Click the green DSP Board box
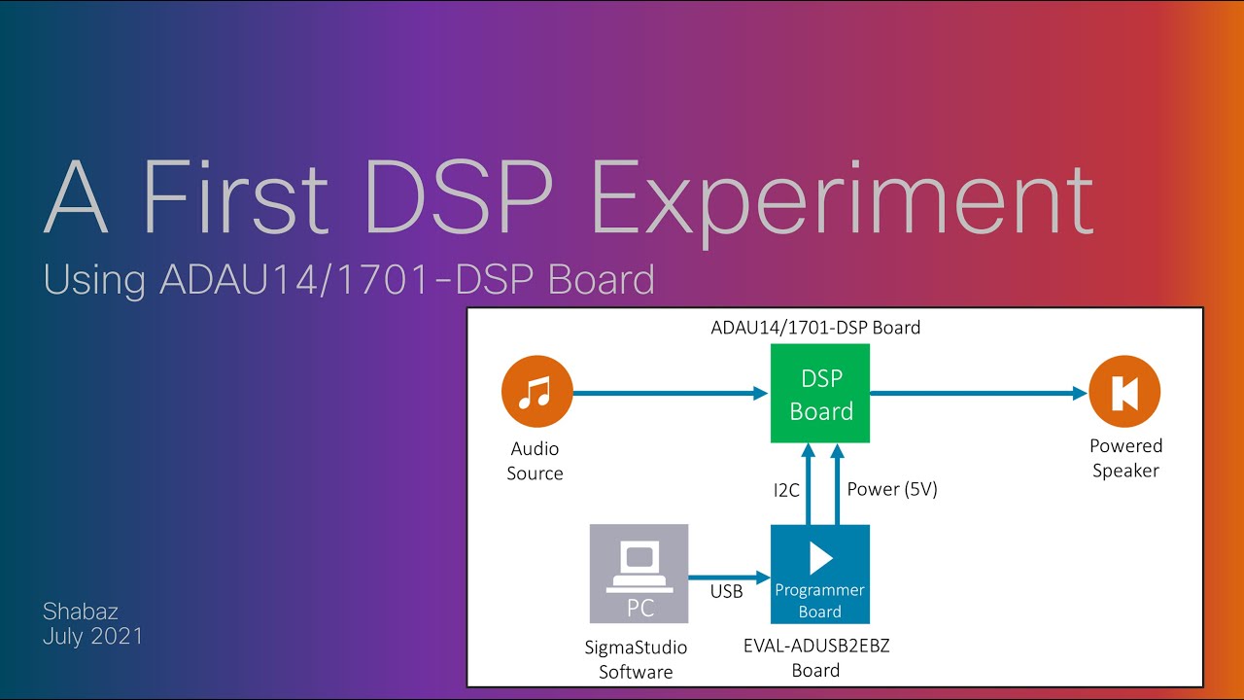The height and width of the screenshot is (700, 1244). (x=820, y=394)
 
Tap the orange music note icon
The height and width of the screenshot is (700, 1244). (x=535, y=393)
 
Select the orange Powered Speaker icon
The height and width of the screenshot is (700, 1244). (x=1125, y=393)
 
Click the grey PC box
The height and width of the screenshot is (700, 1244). (x=639, y=574)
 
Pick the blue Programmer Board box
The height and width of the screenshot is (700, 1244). (x=819, y=574)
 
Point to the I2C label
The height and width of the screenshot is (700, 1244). (x=786, y=490)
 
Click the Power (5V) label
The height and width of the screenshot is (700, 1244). (x=892, y=490)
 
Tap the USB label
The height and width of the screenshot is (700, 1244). (x=726, y=591)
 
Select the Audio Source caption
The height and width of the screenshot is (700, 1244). (x=535, y=461)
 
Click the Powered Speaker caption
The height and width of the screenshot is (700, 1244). (x=1125, y=459)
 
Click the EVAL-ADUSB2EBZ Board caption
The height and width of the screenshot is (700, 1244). (x=815, y=658)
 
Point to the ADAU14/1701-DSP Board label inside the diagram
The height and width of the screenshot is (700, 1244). (x=815, y=328)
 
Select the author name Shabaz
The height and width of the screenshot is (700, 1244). (x=81, y=612)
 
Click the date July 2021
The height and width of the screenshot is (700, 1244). (x=93, y=637)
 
